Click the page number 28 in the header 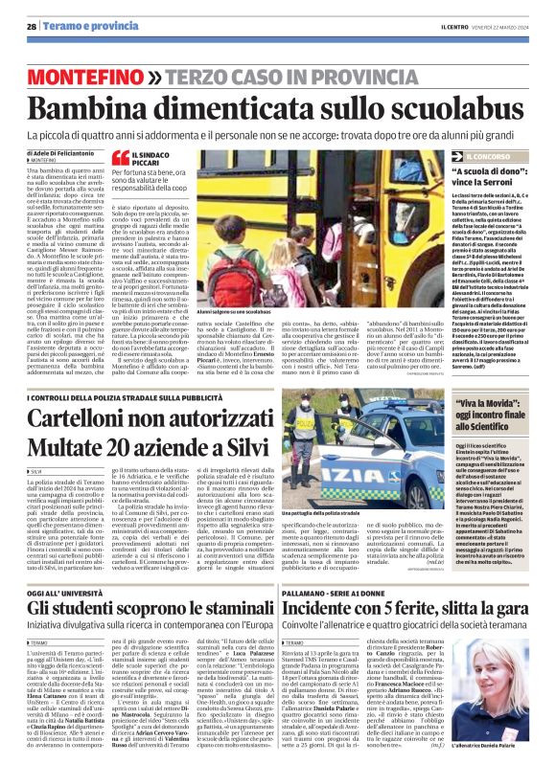32,11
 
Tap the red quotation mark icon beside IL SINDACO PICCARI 120,158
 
